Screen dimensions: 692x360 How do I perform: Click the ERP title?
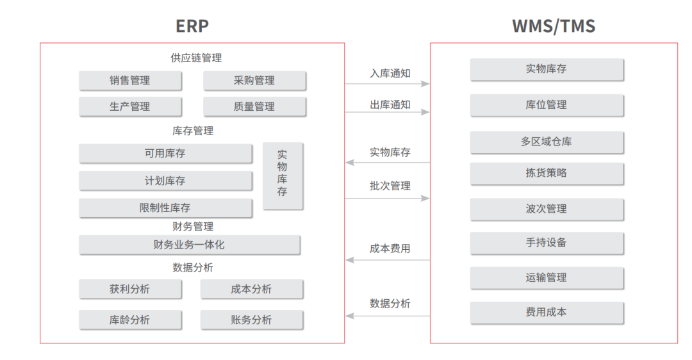coord(192,26)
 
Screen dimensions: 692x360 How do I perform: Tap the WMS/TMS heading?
coord(554,26)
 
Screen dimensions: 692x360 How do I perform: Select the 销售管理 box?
coord(130,81)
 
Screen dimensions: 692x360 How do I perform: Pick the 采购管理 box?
coord(254,81)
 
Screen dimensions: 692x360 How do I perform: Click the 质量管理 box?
coord(254,107)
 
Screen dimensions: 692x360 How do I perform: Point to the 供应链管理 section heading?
coord(197,58)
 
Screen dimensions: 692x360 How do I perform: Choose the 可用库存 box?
coord(165,154)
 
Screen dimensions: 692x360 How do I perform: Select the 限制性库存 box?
coord(165,208)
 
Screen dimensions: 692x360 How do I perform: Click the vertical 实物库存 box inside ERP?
coord(283,176)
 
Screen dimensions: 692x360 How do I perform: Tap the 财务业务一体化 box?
coord(189,245)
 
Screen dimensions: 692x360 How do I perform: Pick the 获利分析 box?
coord(130,289)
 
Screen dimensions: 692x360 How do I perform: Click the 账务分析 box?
coord(252,320)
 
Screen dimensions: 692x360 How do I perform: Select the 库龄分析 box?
coord(130,320)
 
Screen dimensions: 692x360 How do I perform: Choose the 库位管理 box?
coord(547,105)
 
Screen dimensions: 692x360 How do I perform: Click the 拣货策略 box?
coord(547,174)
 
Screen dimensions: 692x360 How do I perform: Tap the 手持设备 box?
coord(547,243)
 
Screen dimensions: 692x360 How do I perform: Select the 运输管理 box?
coord(547,278)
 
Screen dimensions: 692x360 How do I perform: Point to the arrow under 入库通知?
coord(387,84)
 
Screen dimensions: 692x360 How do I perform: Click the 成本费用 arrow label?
coord(390,249)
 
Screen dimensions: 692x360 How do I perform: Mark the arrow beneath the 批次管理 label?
coord(387,199)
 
